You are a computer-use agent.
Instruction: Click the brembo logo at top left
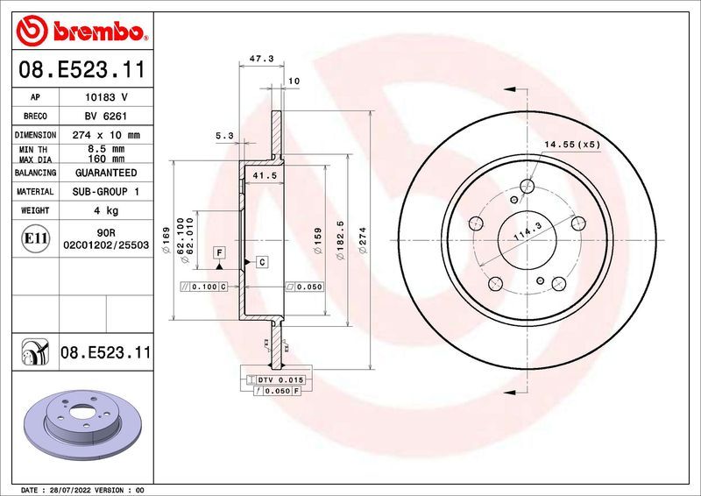[x=80, y=32]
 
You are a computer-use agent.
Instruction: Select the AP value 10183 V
[x=105, y=97]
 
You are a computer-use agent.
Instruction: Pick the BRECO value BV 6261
[x=105, y=117]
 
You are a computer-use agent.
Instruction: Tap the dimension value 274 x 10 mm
[x=105, y=136]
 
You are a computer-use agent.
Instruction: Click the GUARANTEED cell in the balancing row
[x=105, y=174]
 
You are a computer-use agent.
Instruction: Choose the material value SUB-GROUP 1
[x=105, y=191]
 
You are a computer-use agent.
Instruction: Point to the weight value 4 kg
[x=105, y=210]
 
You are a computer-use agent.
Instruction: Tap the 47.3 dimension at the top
[x=261, y=59]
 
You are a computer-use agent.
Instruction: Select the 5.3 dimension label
[x=224, y=136]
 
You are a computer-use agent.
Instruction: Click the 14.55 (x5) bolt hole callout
[x=572, y=144]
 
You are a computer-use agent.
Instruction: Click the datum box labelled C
[x=261, y=263]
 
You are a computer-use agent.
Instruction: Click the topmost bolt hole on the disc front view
[x=527, y=186]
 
